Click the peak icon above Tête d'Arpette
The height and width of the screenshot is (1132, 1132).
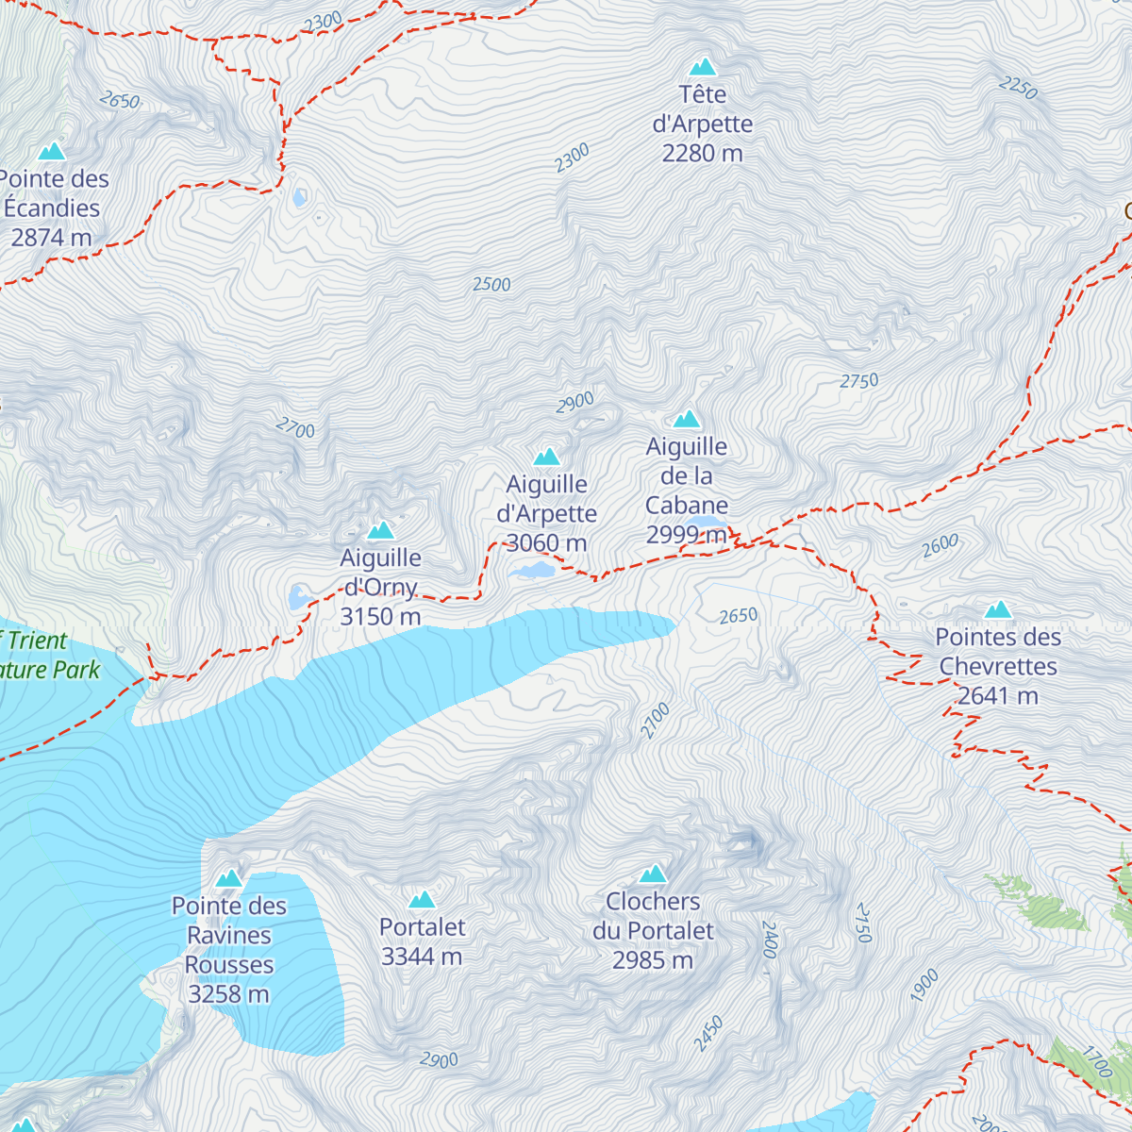pyautogui.click(x=703, y=67)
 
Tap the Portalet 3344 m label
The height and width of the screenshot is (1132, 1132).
pyautogui.click(x=422, y=941)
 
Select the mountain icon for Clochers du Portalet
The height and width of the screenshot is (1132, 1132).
pyautogui.click(x=653, y=874)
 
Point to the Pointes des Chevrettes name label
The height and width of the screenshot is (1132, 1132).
pyautogui.click(x=998, y=652)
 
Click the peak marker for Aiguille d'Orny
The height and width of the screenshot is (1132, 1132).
pyautogui.click(x=381, y=531)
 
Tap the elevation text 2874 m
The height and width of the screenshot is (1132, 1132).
pyautogui.click(x=52, y=238)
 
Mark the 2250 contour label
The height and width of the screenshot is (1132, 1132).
pyautogui.click(x=1018, y=89)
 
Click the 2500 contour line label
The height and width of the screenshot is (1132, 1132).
pyautogui.click(x=491, y=285)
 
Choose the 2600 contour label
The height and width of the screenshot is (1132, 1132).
pyautogui.click(x=940, y=546)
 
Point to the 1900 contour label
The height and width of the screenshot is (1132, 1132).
pyautogui.click(x=924, y=985)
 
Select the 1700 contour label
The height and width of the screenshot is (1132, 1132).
pyautogui.click(x=1097, y=1063)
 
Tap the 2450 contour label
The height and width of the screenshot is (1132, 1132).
pyautogui.click(x=708, y=1034)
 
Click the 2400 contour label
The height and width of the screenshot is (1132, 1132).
pyautogui.click(x=769, y=940)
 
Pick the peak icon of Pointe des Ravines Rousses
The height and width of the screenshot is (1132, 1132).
pyautogui.click(x=229, y=879)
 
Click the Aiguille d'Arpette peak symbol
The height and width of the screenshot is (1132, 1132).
pyautogui.click(x=547, y=458)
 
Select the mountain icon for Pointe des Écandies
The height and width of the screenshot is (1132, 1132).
pyautogui.click(x=52, y=152)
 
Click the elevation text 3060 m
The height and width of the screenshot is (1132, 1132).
pyautogui.click(x=547, y=543)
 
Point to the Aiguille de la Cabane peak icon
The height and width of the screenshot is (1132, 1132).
pyautogui.click(x=687, y=420)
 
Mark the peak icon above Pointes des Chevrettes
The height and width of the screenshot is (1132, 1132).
pyautogui.click(x=998, y=610)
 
